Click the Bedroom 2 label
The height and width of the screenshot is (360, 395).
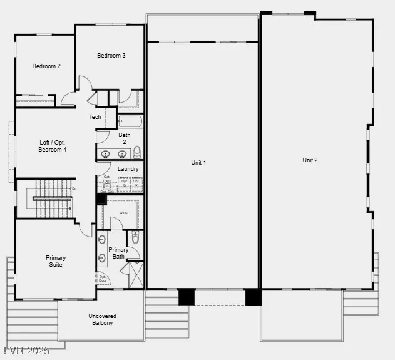pos(46,66)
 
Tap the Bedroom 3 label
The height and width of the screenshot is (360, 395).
pos(111,56)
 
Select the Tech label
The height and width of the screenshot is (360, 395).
pos(95,117)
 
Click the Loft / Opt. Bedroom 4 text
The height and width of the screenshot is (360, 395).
pos(53,146)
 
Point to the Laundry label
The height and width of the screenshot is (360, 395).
pos(128,168)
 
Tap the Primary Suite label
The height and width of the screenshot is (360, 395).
pos(56,261)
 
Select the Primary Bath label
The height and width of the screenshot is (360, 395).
pos(119,253)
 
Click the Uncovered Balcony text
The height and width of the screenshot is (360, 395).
pos(101,319)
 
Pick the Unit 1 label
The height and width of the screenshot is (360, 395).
pos(198,163)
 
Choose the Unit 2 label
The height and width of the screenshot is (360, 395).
pos(310,160)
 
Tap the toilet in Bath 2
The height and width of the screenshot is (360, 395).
pos(137,152)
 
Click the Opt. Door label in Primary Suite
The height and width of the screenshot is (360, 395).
pos(101,279)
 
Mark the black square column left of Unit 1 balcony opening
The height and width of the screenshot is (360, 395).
pos(186,296)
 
